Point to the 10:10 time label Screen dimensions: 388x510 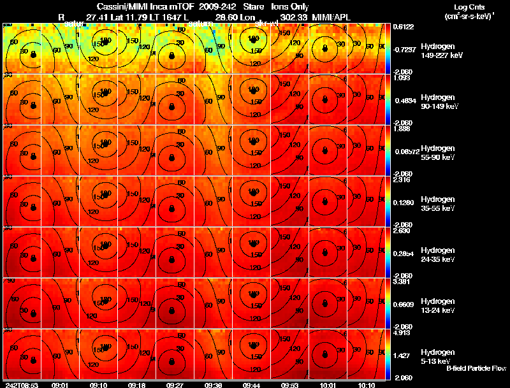(366, 385)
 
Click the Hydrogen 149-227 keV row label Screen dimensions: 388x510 (438, 51)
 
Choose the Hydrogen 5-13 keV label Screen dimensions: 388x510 (438, 356)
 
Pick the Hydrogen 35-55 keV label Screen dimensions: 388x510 (438, 203)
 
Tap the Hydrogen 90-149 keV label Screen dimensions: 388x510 (438, 101)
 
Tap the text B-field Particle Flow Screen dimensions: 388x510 (476, 368)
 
